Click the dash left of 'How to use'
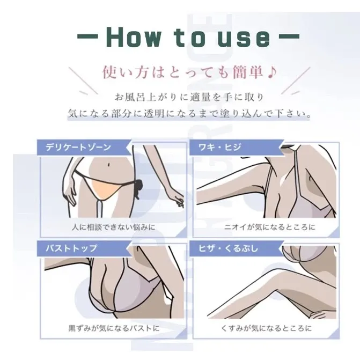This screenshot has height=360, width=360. click(87, 36)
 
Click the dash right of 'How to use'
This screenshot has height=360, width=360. click(289, 36)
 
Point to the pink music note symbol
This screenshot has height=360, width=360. click(272, 72)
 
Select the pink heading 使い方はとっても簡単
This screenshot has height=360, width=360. click(183, 72)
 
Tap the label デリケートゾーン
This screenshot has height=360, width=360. click(78, 147)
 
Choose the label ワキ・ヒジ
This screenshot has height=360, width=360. click(219, 147)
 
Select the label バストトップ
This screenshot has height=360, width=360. click(71, 248)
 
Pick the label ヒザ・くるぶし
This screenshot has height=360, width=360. click(228, 248)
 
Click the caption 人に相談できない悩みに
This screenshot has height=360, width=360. click(113, 227)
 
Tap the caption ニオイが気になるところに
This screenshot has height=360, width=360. click(270, 227)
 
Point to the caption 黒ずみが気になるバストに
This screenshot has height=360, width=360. click(114, 328)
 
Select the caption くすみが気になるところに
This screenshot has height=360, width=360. click(266, 328)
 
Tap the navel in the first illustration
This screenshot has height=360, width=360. click(108, 165)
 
